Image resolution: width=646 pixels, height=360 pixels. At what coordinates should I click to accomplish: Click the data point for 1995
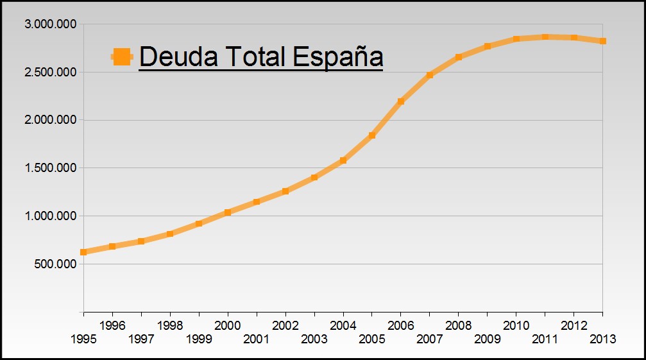[x=83, y=252]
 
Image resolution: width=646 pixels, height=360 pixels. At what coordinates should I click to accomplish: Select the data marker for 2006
[x=400, y=101]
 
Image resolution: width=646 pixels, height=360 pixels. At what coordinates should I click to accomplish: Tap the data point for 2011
[x=545, y=37]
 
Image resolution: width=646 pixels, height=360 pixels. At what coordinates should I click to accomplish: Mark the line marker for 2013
[x=602, y=41]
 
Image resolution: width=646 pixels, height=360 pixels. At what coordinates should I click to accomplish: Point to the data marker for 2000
[x=228, y=212]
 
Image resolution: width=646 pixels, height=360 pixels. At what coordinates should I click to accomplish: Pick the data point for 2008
[x=458, y=57]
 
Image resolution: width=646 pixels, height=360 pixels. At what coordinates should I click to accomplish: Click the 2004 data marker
[x=343, y=160]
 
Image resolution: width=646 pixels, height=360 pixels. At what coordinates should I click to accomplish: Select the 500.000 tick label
[x=56, y=264]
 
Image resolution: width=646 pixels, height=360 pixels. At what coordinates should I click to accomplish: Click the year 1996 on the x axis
[x=112, y=325]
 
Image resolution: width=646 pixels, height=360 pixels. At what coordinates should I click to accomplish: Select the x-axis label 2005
[x=372, y=339]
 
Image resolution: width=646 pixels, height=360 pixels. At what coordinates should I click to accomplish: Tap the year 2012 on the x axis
[x=574, y=325]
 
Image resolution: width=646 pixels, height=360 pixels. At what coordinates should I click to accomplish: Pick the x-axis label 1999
[x=199, y=339]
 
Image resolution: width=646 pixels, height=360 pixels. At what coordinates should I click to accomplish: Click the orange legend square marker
[x=122, y=56]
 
